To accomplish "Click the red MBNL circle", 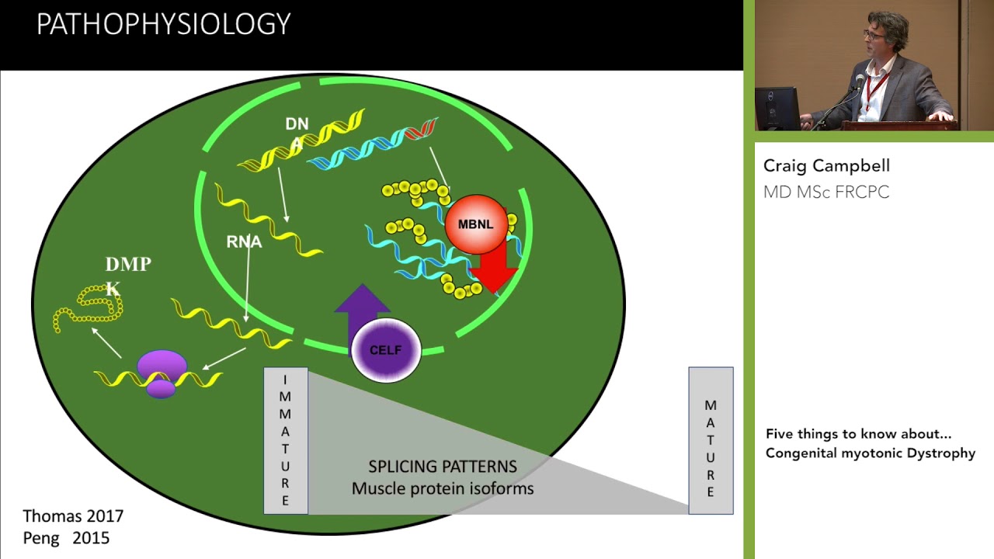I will pos(476,224).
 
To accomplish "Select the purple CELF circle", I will pos(386,350).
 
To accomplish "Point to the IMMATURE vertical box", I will pos(286,440).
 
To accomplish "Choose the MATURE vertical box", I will pos(711,440).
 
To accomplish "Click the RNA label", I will pos(244,242).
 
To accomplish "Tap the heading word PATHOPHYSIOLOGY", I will pos(163,25).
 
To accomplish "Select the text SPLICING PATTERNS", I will pos(442,467).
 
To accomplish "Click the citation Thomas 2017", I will pos(73,516).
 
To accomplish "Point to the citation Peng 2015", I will pos(66,538).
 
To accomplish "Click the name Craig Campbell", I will pos(826,165).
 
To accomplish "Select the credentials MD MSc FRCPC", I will pos(826,192).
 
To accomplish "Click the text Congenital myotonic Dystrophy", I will pos(870,453).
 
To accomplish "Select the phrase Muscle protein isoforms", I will pos(442,489).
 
